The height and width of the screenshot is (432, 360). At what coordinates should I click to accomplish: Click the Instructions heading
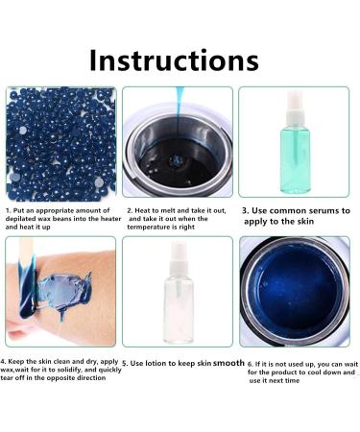(x=174, y=60)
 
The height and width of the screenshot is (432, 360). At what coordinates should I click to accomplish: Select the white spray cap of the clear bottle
(x=178, y=258)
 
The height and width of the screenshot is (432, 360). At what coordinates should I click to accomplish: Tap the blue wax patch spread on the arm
(x=63, y=291)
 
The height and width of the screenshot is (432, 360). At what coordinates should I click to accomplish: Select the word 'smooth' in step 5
(x=228, y=363)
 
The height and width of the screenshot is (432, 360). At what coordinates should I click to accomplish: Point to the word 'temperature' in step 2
(x=148, y=227)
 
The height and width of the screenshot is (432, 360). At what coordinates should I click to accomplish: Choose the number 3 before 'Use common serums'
(x=245, y=210)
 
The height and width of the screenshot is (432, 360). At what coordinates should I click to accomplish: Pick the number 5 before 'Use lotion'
(x=125, y=364)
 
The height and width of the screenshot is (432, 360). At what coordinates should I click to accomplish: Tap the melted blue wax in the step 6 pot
(x=296, y=291)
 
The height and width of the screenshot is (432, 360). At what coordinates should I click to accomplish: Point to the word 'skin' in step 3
(x=306, y=221)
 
